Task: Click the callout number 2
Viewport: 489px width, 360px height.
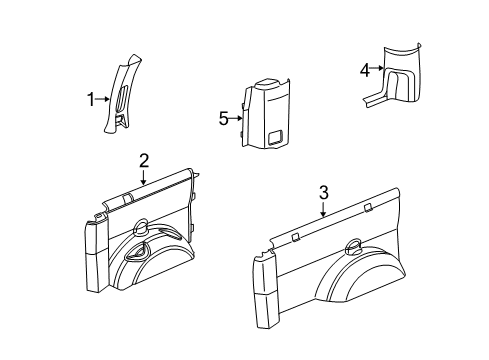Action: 144,160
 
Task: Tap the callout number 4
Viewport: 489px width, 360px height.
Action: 365,69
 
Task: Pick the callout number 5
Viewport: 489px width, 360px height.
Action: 224,117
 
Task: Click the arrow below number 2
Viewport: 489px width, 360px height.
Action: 144,178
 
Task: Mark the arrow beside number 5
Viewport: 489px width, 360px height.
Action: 238,117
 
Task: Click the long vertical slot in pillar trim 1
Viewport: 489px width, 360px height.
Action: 121,100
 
